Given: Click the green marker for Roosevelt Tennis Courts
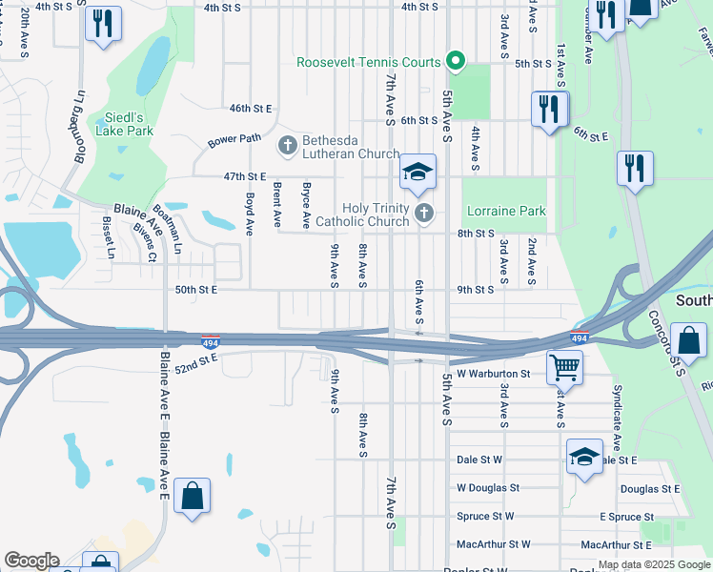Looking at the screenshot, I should click(x=456, y=63).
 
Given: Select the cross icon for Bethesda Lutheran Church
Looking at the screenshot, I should click(x=287, y=146).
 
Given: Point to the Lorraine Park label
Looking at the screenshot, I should click(x=506, y=211).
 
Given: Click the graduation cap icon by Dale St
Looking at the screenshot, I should click(x=584, y=457).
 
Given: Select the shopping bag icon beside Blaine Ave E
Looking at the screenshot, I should click(x=192, y=496).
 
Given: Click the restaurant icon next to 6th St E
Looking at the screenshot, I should click(x=549, y=109).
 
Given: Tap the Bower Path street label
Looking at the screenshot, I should click(x=234, y=140).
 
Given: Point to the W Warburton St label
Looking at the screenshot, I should click(x=493, y=374).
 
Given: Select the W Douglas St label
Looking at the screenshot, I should click(x=487, y=487).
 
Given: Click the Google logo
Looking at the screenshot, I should click(x=32, y=561).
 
